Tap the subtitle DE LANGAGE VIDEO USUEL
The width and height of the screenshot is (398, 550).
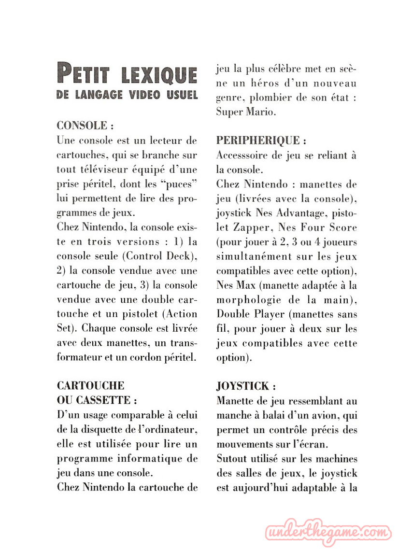(127, 95)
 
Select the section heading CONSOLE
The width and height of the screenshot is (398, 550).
(85, 126)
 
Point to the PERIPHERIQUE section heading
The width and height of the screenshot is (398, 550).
(261, 141)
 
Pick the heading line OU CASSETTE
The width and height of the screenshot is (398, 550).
(97, 400)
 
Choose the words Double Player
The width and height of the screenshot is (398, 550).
(250, 314)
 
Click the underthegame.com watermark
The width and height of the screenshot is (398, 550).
(328, 533)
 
